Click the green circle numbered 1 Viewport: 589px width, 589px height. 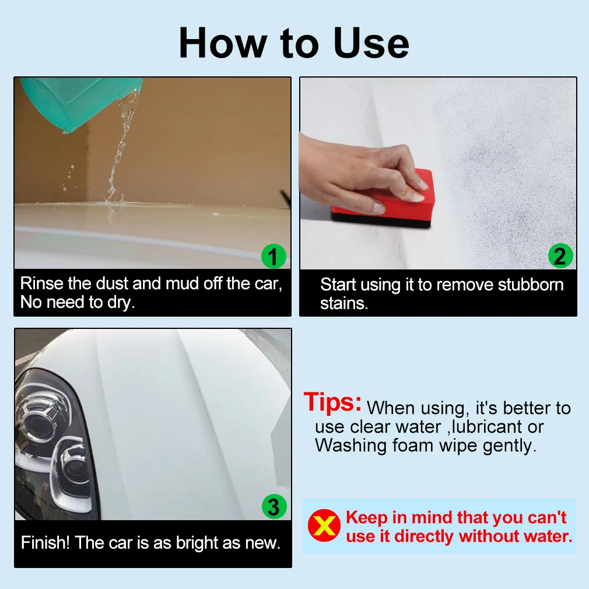click(x=274, y=256)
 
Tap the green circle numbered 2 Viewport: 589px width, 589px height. click(x=560, y=256)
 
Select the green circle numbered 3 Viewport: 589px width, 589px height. click(x=274, y=506)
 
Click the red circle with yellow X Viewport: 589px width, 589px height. click(x=324, y=525)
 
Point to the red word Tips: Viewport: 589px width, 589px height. click(x=332, y=402)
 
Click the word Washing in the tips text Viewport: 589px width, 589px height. click(x=351, y=446)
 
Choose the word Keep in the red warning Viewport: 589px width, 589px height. click(x=367, y=518)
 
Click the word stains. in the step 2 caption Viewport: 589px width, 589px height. click(x=343, y=303)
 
